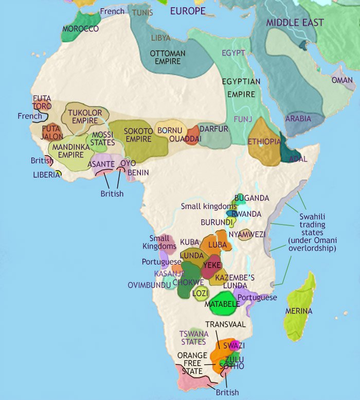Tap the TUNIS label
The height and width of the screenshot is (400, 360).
[142, 12]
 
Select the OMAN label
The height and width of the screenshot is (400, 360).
[342, 80]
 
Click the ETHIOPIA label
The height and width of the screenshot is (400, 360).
[264, 142]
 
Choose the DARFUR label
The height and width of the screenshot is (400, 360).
[213, 129]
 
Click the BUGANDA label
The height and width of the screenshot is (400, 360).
[251, 198]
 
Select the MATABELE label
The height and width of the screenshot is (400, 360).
[222, 304]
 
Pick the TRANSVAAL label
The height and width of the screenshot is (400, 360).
[225, 325]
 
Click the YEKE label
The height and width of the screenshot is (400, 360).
[212, 265]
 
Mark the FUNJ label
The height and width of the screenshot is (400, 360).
[243, 118]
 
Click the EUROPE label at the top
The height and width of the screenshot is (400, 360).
[187, 11]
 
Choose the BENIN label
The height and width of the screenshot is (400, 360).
[138, 173]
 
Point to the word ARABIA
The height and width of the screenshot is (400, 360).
[298, 119]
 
